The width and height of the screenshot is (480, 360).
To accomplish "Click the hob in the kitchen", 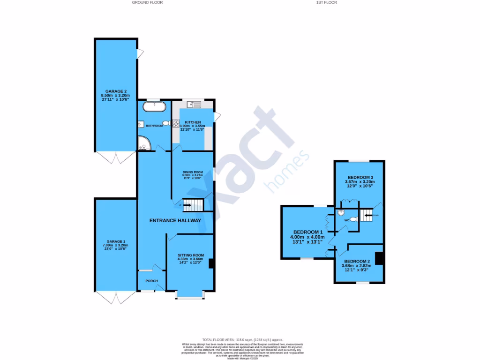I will [x=176, y=124].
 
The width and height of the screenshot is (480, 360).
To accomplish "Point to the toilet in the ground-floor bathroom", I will [x=165, y=123].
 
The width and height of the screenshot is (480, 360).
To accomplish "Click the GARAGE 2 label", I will [x=116, y=91].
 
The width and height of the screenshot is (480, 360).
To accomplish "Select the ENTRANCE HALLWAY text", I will [x=175, y=220].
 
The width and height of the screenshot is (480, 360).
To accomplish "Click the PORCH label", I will [x=151, y=281].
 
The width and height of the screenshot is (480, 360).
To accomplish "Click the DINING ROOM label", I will [x=192, y=172].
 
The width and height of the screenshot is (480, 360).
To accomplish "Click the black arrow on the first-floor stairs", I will [x=366, y=216].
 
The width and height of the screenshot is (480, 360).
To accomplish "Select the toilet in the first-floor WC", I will [x=354, y=219].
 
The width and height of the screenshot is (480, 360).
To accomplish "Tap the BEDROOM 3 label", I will [x=360, y=177].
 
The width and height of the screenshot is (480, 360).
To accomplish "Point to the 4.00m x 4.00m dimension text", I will [x=307, y=237].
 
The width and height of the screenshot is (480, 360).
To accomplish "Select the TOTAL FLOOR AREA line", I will [x=242, y=339].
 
